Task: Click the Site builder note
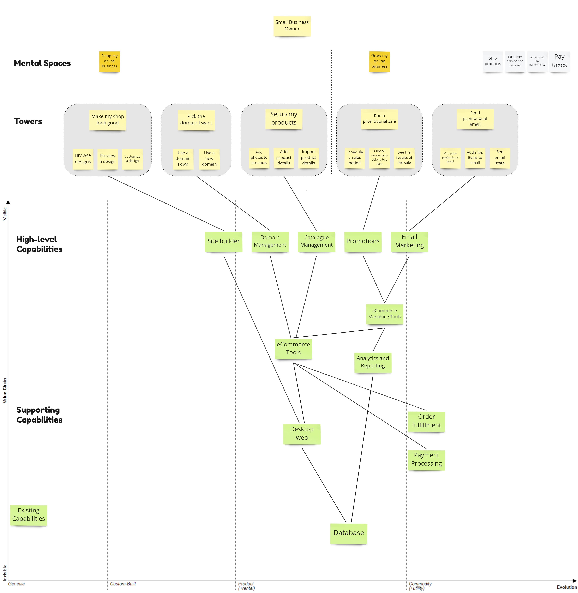[223, 241]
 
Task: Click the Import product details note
[308, 157]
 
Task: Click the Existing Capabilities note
[29, 515]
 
